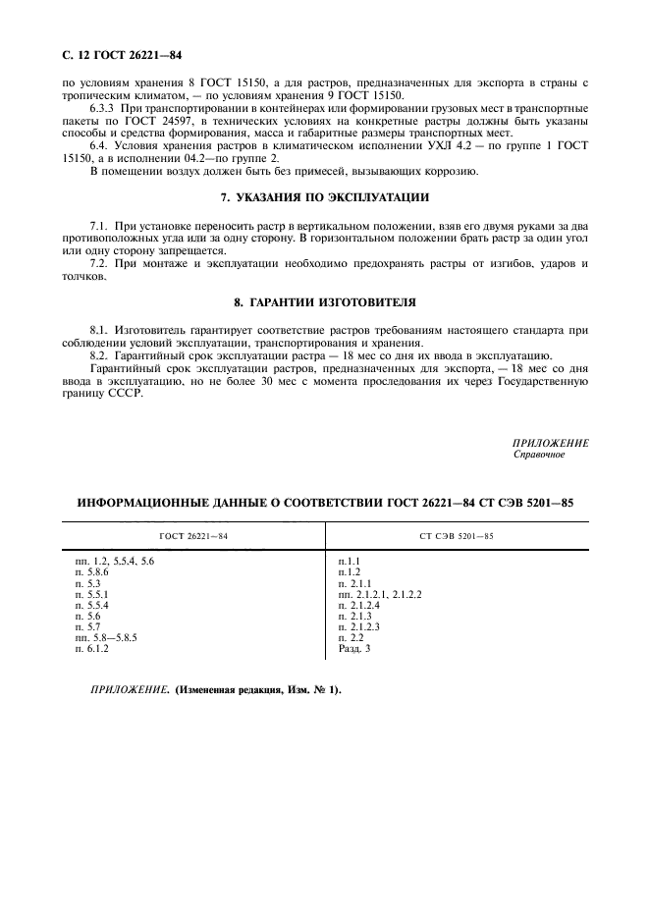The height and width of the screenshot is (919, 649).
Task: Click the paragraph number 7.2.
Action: tap(99, 264)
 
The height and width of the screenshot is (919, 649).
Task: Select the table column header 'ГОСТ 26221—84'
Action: tap(192, 535)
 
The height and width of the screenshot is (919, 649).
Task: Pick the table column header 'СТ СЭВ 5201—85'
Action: tap(456, 535)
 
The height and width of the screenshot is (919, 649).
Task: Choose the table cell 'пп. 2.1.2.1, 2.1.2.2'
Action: tap(378, 593)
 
